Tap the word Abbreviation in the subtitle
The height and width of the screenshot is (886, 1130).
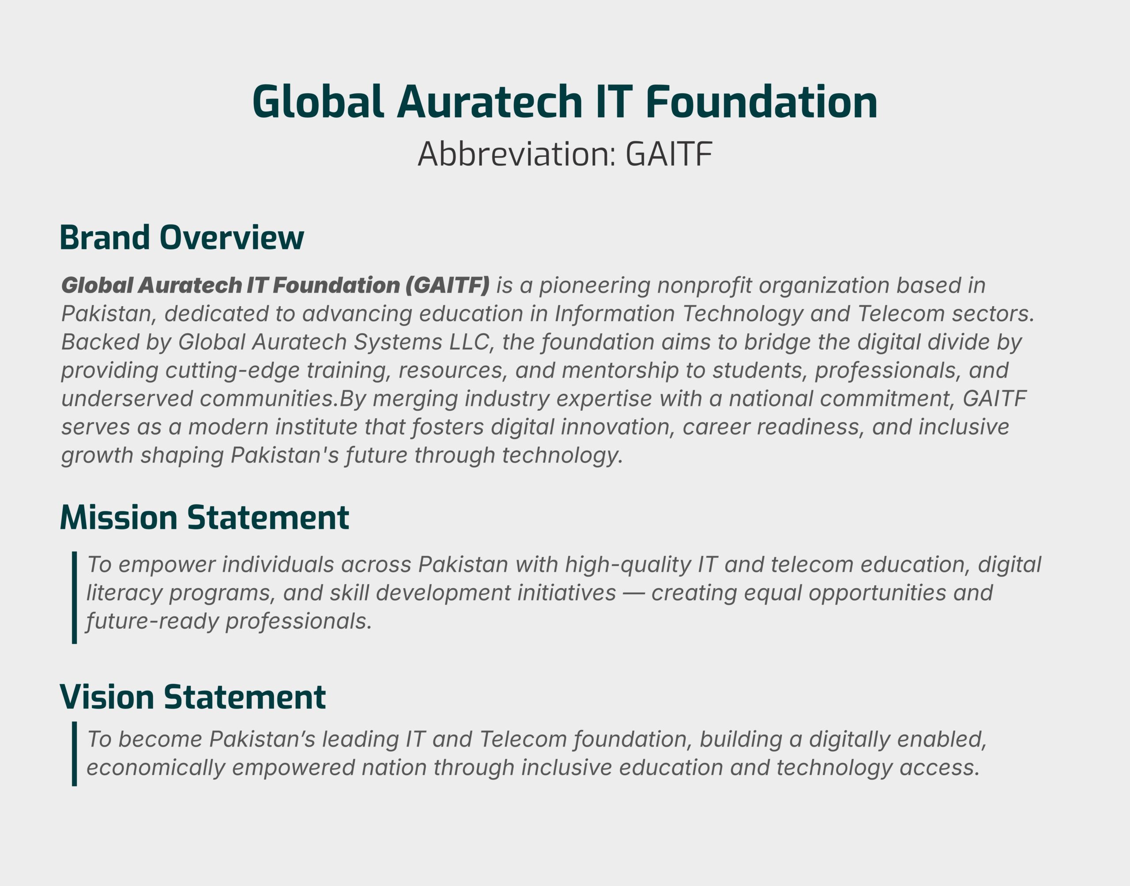[x=516, y=154]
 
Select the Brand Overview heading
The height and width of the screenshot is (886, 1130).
[x=181, y=237]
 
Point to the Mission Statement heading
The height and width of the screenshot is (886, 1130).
[x=204, y=517]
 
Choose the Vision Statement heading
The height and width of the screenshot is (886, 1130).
[x=193, y=697]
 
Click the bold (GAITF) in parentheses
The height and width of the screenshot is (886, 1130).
[x=447, y=285]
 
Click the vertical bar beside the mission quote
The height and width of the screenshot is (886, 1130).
[x=75, y=597]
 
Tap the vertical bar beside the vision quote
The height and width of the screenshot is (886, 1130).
[x=75, y=754]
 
